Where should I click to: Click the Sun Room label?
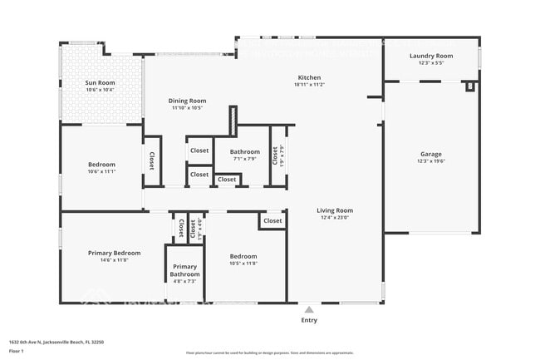click(x=101, y=83)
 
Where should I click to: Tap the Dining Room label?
click(x=189, y=101)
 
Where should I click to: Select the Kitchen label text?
click(x=309, y=77)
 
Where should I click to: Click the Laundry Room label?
click(x=431, y=56)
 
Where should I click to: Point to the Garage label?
click(x=430, y=154)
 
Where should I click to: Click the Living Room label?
click(x=335, y=210)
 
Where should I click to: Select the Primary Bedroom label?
click(x=115, y=253)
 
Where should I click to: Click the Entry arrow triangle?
click(x=309, y=309)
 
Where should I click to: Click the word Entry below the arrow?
click(x=309, y=320)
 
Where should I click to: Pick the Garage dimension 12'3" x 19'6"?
click(x=430, y=161)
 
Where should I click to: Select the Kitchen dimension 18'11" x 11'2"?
click(x=309, y=85)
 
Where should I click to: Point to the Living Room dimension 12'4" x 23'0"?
click(x=335, y=218)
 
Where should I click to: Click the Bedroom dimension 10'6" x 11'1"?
click(x=101, y=171)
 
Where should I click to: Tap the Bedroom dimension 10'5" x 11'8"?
click(x=243, y=264)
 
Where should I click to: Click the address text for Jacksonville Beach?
click(x=56, y=342)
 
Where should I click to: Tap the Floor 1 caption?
click(x=17, y=351)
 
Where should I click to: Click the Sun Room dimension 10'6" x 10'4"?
click(x=101, y=90)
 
